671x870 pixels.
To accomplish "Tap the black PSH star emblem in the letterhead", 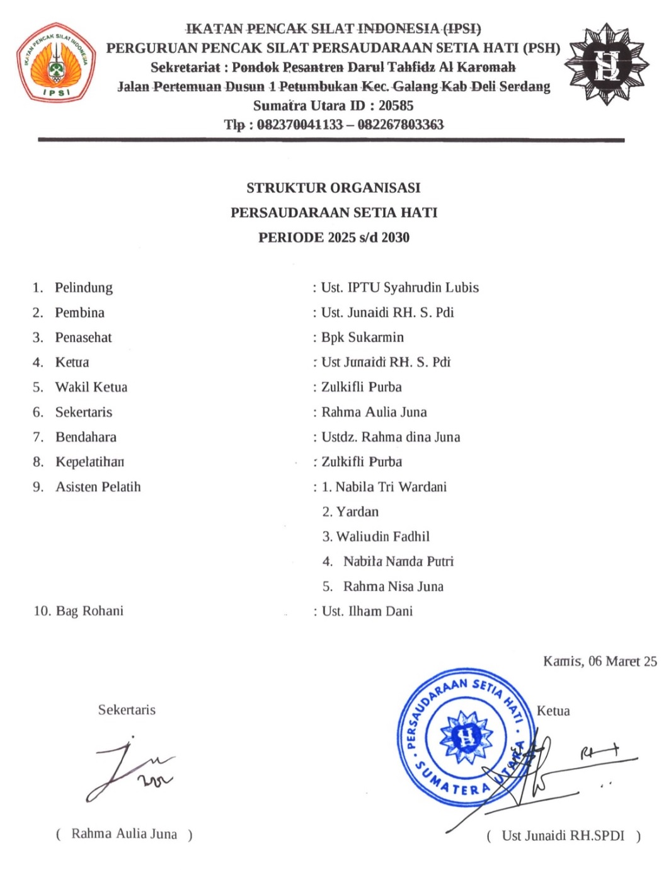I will (x=606, y=64).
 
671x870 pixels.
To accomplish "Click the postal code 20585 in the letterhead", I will (x=396, y=106).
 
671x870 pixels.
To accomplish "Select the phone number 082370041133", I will (x=299, y=125).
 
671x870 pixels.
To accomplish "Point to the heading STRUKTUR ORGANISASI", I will (x=333, y=188).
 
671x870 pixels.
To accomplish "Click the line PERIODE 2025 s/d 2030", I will (x=333, y=238).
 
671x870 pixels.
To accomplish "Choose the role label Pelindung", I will (x=84, y=288).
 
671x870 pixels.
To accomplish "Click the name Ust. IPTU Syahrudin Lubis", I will (x=399, y=288).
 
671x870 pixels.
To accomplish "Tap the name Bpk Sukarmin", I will (x=362, y=338).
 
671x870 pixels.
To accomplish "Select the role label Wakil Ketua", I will (x=91, y=387).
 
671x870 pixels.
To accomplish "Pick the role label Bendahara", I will (x=86, y=437).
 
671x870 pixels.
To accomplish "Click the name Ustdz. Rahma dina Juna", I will (x=391, y=437).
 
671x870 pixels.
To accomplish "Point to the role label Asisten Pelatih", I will (x=98, y=487).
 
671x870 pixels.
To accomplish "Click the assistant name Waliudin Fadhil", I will (x=382, y=537).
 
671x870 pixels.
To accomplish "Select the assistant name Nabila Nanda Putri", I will (x=398, y=561).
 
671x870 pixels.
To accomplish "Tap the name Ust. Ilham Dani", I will (x=367, y=611).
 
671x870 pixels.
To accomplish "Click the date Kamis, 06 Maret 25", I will (x=600, y=661).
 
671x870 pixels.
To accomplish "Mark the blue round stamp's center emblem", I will (x=466, y=736).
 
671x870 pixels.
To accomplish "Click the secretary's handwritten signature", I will (x=129, y=769).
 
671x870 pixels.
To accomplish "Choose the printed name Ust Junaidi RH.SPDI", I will (x=563, y=836).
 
